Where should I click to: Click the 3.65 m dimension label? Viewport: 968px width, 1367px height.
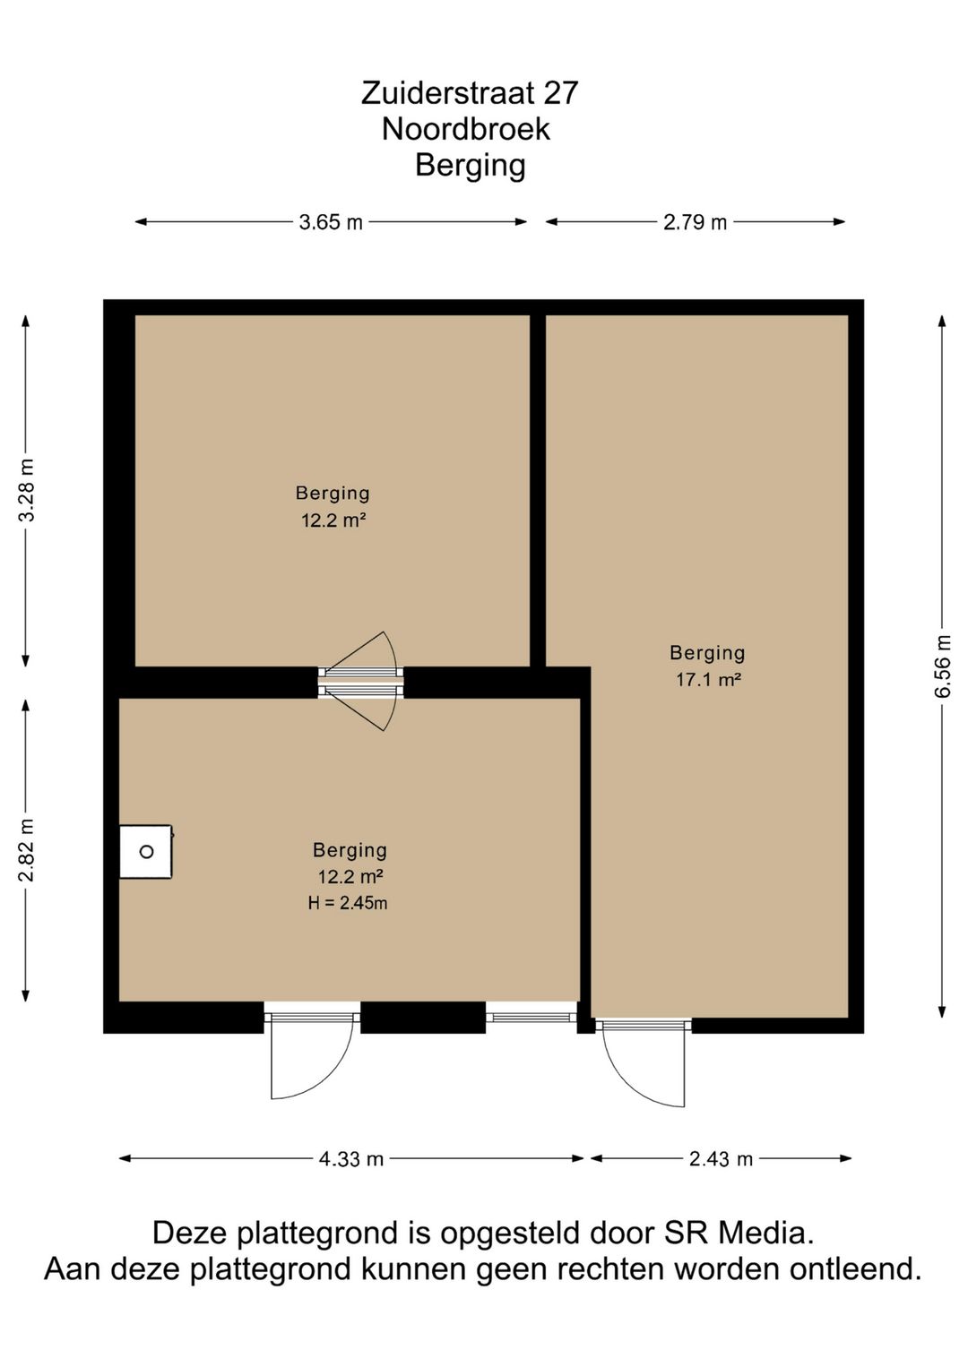coord(331,222)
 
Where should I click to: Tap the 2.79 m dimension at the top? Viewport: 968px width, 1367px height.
coord(695,222)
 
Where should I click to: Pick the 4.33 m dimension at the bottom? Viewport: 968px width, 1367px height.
coord(351,1158)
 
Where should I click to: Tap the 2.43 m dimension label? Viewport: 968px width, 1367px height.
coord(721,1158)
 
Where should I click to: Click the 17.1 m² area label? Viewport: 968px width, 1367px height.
coord(708,679)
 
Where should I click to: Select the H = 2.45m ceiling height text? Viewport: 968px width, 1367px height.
coord(348,903)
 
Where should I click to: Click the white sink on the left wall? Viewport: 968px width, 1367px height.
coord(146,851)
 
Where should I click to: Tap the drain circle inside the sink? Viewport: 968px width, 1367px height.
coord(147,851)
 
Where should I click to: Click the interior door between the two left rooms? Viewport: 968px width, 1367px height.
coord(361,682)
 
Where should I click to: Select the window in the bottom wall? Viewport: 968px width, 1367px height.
coord(532,1017)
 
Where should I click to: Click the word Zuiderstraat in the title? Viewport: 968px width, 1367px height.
coord(442,93)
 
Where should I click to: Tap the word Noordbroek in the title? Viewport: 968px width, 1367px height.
coord(466,129)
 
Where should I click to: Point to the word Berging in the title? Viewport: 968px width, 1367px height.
coord(471,166)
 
